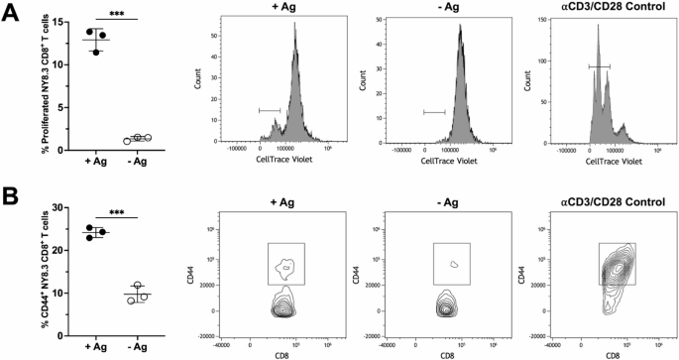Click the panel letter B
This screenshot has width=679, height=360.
(13, 196)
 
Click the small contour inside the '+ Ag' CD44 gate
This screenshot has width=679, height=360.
(286, 266)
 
